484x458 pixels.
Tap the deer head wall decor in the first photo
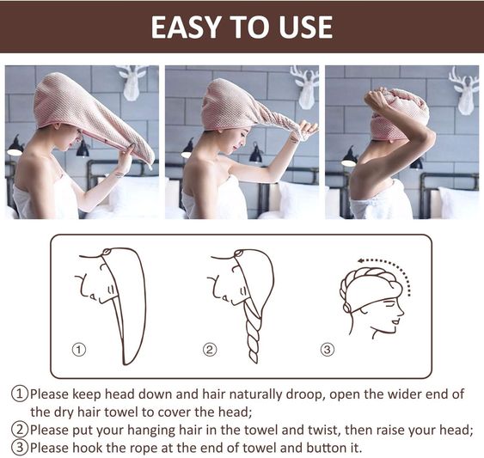(132, 82)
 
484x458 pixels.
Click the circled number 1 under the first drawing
(79, 350)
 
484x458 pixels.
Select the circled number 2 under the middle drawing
(210, 350)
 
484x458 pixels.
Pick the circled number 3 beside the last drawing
(327, 350)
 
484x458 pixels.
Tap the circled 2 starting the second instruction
(19, 430)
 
